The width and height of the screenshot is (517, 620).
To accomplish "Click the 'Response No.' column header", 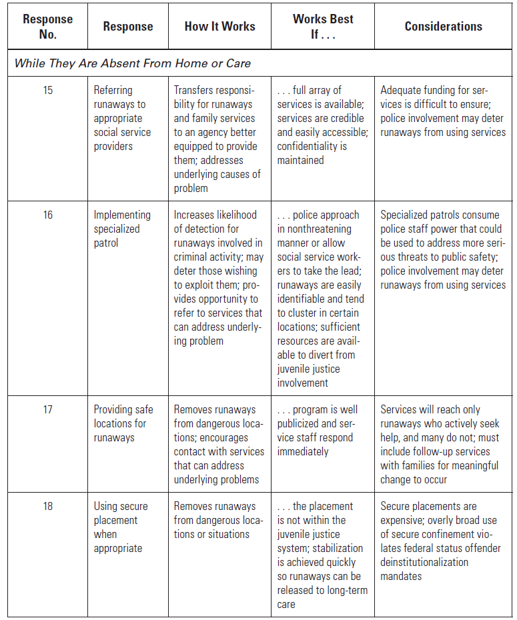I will pyautogui.click(x=47, y=26).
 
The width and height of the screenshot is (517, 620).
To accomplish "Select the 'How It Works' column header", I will pyautogui.click(x=219, y=26).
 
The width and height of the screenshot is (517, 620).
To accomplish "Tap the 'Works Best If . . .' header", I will pyautogui.click(x=323, y=26).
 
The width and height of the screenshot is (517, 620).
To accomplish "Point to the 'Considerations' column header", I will pyautogui.click(x=443, y=26).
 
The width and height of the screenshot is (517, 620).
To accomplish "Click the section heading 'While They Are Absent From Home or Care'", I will pyautogui.click(x=133, y=64).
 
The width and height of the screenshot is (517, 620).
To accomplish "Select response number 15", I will pyautogui.click(x=48, y=90).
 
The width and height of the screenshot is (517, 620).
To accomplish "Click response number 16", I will pyautogui.click(x=48, y=215).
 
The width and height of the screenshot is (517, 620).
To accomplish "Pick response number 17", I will pyautogui.click(x=48, y=409).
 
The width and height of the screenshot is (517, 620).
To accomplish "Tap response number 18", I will pyautogui.click(x=48, y=506).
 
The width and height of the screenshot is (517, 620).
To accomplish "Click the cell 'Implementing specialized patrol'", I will pyautogui.click(x=122, y=229).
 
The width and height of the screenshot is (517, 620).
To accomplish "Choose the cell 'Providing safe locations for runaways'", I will pyautogui.click(x=123, y=423).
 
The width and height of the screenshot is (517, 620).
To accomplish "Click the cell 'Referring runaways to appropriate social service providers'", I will pyautogui.click(x=122, y=118).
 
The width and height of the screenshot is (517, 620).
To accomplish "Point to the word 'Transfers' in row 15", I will pyautogui.click(x=195, y=90).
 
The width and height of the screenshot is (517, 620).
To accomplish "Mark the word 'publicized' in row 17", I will pyautogui.click(x=300, y=423).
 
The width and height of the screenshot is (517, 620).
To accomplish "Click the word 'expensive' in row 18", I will pyautogui.click(x=403, y=520).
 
